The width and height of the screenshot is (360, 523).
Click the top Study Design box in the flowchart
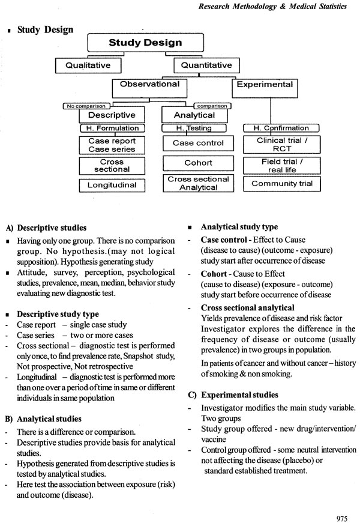145,43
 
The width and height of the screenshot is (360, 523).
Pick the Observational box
149,85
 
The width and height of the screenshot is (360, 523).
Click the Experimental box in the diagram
265,85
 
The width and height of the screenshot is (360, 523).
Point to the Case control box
198,143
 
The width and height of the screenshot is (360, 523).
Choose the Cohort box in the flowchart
198,163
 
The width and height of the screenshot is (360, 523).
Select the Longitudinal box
112,185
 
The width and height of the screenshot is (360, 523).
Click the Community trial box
281,184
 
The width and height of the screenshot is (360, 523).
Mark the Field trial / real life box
281,165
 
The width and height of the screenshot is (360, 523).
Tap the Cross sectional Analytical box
198,183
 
